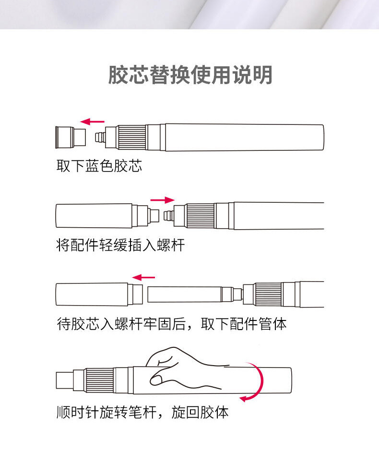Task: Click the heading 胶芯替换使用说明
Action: click(190, 75)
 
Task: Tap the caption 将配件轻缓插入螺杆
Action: click(120, 246)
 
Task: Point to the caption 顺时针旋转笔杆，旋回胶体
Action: click(142, 412)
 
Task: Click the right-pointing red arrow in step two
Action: click(163, 200)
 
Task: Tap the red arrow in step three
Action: click(144, 277)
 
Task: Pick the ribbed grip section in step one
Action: click(132, 137)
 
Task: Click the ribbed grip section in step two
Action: click(200, 216)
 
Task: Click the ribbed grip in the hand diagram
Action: click(100, 381)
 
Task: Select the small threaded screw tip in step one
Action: click(100, 137)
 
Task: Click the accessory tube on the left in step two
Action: click(94, 216)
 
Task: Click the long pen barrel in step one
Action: click(244, 137)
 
